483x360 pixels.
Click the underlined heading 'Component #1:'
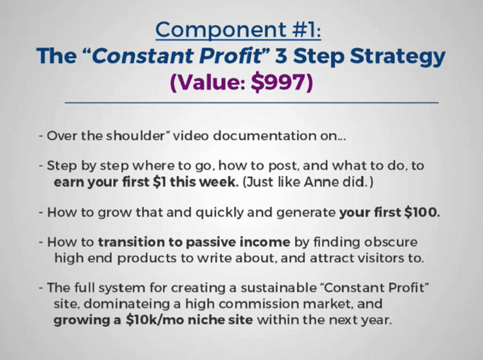tap(238, 31)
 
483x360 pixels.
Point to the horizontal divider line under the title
tap(252, 102)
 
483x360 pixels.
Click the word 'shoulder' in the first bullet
tap(136, 135)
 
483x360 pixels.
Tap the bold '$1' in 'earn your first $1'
tap(160, 182)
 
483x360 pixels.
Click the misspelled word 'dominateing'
tap(126, 304)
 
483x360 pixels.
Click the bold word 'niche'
tap(206, 320)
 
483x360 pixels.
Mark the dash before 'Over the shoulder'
tap(41, 136)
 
